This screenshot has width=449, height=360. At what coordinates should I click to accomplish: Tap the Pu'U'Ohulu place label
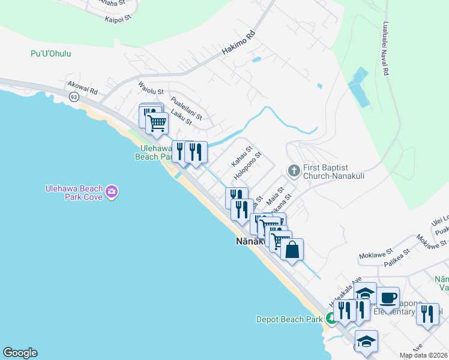tap(51, 54)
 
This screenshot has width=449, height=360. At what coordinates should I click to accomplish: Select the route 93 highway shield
tap(73, 97)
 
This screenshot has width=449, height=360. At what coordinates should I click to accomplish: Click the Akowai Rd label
tap(83, 88)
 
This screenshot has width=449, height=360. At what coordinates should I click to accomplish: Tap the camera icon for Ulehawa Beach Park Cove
tap(112, 192)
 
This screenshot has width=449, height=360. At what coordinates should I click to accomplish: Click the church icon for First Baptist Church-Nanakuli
tap(294, 171)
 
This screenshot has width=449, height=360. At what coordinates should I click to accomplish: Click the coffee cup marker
tap(388, 297)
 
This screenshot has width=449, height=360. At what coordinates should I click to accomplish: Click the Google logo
tap(20, 353)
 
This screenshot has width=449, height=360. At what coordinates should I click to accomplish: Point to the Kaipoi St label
tap(117, 19)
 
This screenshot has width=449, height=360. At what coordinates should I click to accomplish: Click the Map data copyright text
tap(423, 355)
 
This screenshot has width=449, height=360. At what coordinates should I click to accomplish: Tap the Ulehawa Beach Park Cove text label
tap(74, 192)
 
